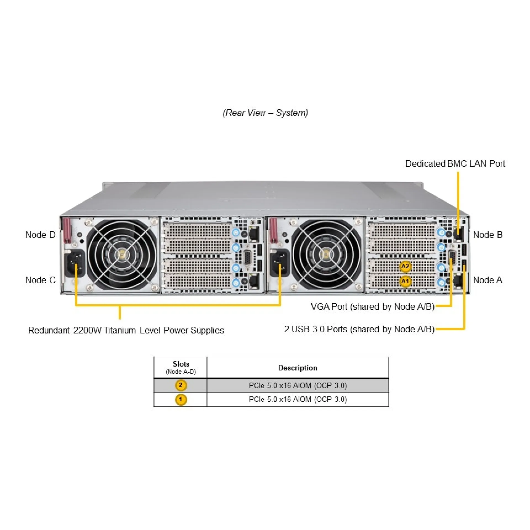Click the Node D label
coord(40,235)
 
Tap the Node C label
coord(40,280)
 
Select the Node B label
coord(488,235)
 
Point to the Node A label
coord(487,280)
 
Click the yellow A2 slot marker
coord(405,266)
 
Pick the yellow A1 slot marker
coord(405,281)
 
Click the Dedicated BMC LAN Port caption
coord(455,164)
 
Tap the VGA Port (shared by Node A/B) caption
coord(372,307)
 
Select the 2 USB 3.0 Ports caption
coord(359,329)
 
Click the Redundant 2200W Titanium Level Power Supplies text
coord(126,330)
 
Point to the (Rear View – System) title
coord(265,113)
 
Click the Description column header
coord(298,368)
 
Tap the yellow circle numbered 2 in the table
coord(181,385)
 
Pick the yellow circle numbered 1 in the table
coord(181,399)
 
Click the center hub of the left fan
coord(122,255)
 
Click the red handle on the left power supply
coord(67,230)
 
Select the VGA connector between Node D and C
coord(247,258)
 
